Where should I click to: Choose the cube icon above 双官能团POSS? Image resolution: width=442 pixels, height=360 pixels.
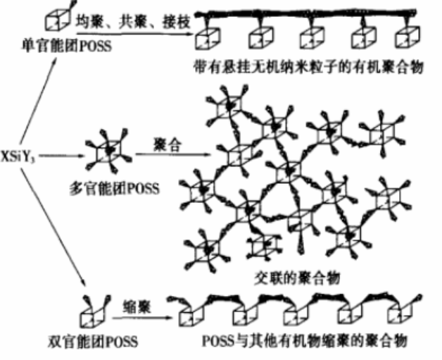click(93, 311)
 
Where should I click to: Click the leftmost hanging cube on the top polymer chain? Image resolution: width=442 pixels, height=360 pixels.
click(208, 37)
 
